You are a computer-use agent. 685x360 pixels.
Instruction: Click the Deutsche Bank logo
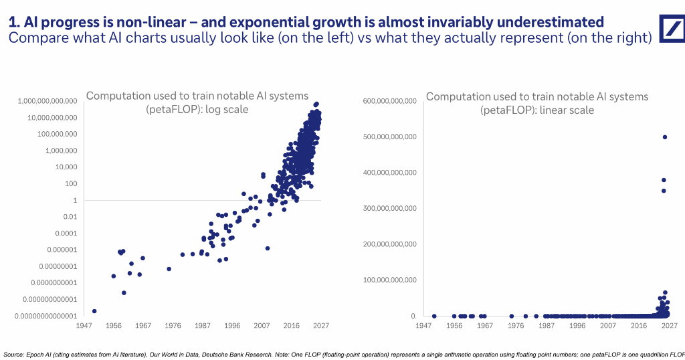672,28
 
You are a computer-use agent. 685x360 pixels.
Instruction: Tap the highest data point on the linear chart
665,137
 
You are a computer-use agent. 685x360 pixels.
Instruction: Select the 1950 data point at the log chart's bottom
94,311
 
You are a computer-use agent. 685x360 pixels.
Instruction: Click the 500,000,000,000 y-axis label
390,137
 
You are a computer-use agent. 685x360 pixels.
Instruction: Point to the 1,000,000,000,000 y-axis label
47,101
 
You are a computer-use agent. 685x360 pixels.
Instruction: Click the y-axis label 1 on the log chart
75,200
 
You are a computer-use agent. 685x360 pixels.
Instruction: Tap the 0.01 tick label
70,217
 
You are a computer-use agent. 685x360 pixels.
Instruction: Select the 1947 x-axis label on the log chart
84,325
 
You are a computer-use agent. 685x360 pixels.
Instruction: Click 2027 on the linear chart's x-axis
669,325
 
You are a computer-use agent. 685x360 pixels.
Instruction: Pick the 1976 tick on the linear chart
516,325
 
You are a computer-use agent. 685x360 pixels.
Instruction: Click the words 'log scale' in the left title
227,109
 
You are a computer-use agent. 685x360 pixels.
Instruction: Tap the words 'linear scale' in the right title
567,110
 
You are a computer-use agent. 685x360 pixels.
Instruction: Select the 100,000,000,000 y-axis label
390,280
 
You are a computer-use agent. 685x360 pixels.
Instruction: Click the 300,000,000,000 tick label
390,208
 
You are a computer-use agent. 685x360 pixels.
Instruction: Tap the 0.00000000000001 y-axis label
46,316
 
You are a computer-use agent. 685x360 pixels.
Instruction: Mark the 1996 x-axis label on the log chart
232,325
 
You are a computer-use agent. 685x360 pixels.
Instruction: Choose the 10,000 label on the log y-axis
66,167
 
